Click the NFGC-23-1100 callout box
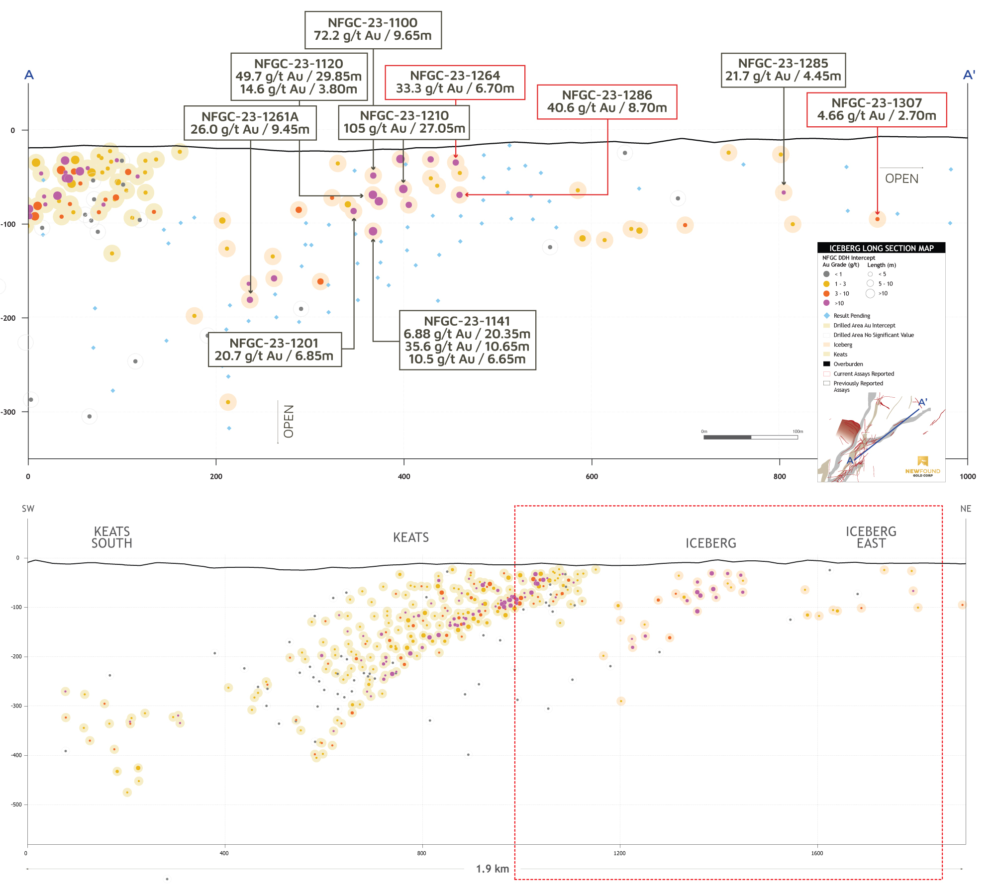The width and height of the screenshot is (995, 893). (373, 30)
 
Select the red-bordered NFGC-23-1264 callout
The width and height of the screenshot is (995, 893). (455, 83)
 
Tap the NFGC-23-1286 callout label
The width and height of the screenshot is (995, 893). (607, 102)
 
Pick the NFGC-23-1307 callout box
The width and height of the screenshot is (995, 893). (877, 110)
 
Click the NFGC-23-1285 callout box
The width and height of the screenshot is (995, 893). (783, 70)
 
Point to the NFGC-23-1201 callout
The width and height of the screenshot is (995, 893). (274, 350)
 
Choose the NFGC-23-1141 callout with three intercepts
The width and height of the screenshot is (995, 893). (467, 341)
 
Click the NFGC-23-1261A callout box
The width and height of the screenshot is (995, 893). (250, 123)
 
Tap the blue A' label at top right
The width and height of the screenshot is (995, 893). (969, 75)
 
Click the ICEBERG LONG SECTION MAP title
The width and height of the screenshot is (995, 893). (881, 248)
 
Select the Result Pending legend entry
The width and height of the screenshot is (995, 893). (851, 316)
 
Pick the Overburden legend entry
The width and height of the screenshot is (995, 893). (848, 364)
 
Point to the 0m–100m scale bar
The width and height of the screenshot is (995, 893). (750, 437)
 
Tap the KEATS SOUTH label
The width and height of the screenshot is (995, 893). (112, 537)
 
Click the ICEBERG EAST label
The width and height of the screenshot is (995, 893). (871, 537)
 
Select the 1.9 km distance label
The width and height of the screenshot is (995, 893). (492, 869)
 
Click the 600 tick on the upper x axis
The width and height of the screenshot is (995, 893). (592, 476)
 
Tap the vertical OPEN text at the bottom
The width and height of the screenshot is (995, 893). (289, 421)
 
